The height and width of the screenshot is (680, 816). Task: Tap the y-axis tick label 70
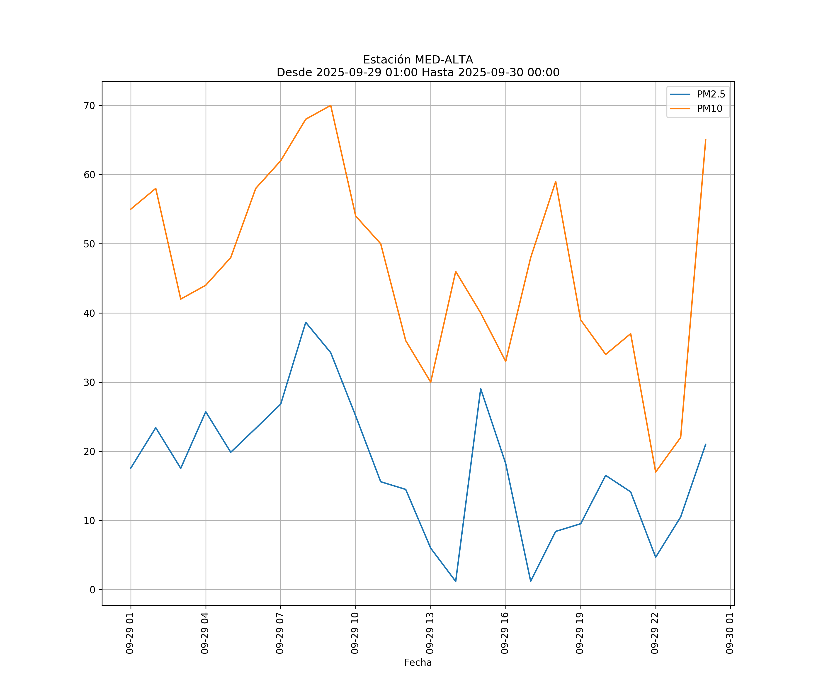tap(89, 106)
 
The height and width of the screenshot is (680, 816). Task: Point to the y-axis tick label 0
tap(92, 590)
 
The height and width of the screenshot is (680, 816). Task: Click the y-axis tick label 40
tap(89, 313)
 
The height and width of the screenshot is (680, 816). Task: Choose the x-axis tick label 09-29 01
tap(130, 633)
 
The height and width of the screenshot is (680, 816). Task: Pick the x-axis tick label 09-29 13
tap(430, 633)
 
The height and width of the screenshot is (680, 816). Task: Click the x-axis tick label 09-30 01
tap(730, 633)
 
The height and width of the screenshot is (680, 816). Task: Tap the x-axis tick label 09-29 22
tap(655, 633)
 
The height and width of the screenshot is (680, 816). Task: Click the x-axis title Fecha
tap(418, 663)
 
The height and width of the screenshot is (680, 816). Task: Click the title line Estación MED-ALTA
tap(418, 60)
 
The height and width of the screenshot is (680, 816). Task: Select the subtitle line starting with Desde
tap(418, 72)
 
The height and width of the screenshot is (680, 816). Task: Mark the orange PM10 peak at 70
tap(331, 105)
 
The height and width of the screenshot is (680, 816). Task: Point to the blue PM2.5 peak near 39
tap(306, 322)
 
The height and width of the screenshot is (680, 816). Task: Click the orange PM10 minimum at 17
tap(656, 472)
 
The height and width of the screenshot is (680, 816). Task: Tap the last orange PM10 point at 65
tap(706, 140)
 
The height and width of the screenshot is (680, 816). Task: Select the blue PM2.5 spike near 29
tap(481, 389)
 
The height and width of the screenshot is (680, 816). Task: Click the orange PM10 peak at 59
tap(556, 182)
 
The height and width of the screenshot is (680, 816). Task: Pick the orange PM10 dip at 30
tap(430, 382)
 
